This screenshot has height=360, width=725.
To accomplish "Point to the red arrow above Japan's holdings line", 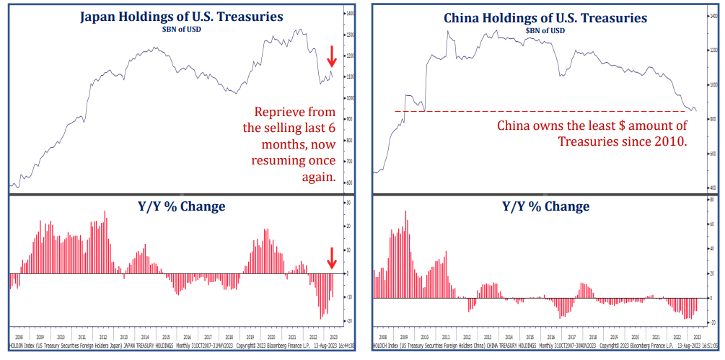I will click(x=332, y=56).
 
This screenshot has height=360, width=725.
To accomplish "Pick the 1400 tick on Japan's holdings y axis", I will click(x=350, y=14).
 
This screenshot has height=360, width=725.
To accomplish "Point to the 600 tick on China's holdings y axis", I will click(x=712, y=154).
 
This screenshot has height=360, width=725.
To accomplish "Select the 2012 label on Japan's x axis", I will click(x=102, y=336).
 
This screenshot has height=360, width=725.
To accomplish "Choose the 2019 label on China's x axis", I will click(x=613, y=336).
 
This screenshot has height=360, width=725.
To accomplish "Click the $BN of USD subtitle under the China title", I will click(x=542, y=30).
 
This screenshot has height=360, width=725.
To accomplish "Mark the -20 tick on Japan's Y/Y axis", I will click(x=350, y=321).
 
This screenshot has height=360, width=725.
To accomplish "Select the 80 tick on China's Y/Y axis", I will click(x=712, y=198).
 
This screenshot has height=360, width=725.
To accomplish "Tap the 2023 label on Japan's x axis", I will click(x=333, y=336).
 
